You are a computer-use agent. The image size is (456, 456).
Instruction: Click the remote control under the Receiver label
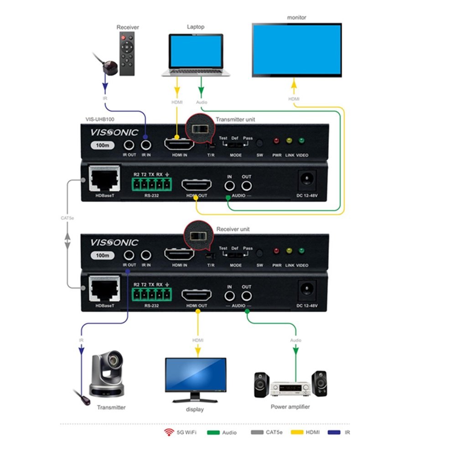[127, 53]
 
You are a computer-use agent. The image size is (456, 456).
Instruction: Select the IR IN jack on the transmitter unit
[146, 145]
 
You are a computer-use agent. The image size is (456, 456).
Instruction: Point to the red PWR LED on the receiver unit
[276, 251]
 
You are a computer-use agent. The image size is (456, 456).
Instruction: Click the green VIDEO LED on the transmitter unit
[301, 140]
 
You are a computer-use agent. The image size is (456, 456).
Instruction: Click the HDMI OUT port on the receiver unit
[197, 296]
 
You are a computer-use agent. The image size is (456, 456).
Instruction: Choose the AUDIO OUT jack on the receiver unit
[247, 295]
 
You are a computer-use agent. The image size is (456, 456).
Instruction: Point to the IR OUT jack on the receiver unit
[129, 255]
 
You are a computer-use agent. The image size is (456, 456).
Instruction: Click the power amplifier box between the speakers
[290, 389]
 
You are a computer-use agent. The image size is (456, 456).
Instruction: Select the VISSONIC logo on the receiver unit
[114, 242]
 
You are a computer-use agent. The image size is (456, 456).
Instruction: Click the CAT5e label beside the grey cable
[67, 218]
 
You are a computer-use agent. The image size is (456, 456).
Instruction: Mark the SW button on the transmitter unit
[260, 142]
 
